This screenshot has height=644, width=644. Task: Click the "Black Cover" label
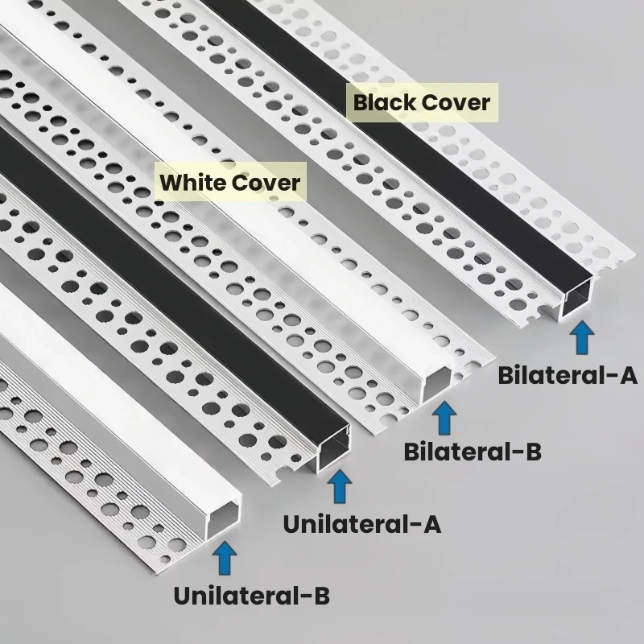(421, 103)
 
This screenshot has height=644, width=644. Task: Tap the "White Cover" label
(229, 182)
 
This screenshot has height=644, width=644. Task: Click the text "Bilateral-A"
(567, 375)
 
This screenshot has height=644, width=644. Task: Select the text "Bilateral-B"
(472, 451)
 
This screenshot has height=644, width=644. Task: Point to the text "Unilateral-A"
(361, 524)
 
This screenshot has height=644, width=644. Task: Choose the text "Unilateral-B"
(251, 597)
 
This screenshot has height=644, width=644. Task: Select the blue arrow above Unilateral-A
(341, 488)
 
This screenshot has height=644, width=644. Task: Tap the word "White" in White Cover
(192, 182)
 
